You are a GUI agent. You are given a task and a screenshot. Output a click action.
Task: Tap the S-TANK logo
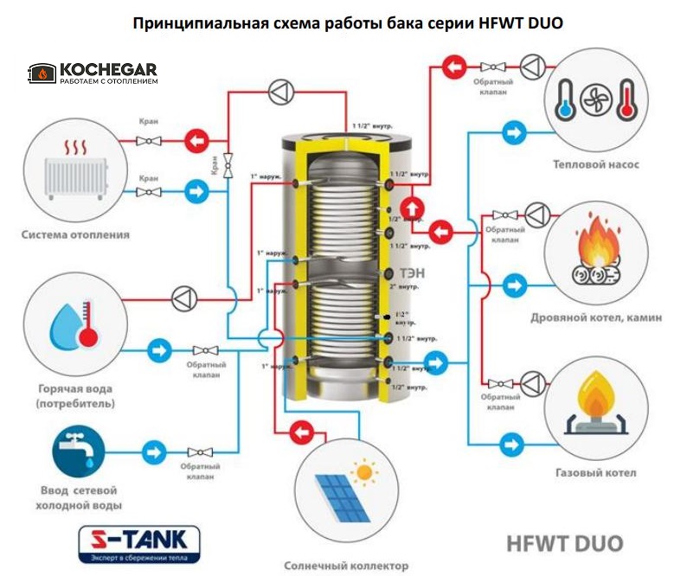click(x=138, y=541)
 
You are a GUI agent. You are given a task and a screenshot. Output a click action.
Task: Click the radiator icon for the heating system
click(x=76, y=170)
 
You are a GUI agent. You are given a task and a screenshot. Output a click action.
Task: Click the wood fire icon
click(x=595, y=252)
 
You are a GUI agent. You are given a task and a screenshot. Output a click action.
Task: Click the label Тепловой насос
click(x=596, y=163)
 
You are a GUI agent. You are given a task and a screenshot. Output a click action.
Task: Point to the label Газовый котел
click(x=595, y=473)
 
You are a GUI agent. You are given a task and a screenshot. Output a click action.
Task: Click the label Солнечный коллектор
click(x=345, y=566)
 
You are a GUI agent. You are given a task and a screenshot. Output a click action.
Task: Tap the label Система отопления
click(x=76, y=234)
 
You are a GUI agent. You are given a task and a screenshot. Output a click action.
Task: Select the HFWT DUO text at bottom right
click(x=563, y=544)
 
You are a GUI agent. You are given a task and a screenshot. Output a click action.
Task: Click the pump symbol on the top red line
click(x=282, y=90)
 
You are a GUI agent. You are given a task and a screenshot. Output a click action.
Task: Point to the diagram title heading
click(x=348, y=22)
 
